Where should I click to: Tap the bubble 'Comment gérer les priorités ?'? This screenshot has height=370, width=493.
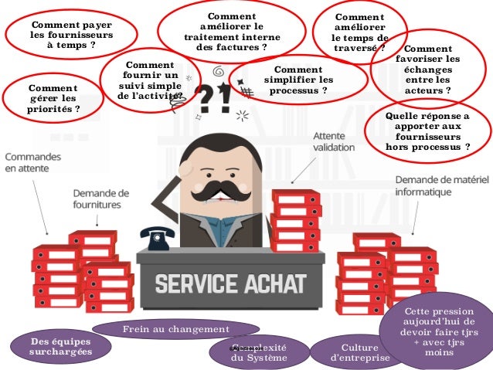click(53, 97)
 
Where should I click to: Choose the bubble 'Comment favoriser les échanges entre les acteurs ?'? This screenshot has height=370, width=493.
click(427, 70)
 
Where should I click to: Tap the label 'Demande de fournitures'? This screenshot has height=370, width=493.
click(101, 199)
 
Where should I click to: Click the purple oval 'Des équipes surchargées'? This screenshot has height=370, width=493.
click(59, 346)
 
